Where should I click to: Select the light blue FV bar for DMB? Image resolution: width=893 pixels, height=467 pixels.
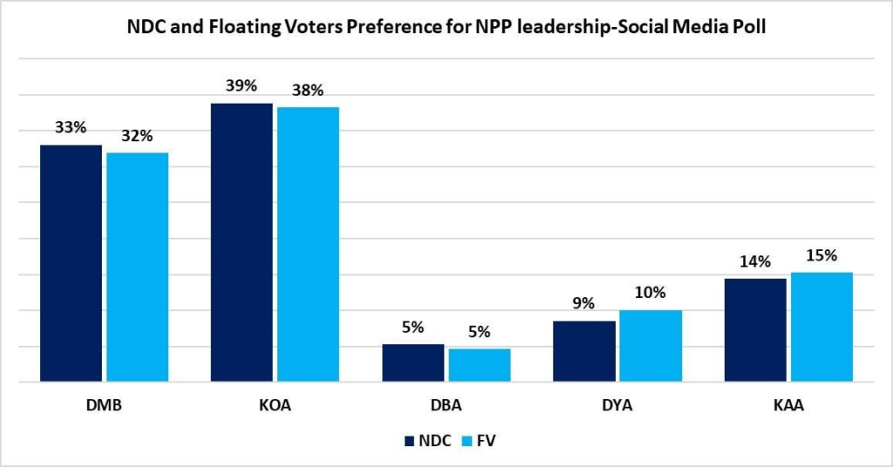(x=137, y=267)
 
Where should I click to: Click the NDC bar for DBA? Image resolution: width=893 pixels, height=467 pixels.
(x=412, y=362)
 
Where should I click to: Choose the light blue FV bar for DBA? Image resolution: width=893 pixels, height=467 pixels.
(x=479, y=365)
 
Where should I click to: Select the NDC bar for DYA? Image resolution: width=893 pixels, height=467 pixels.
(x=583, y=351)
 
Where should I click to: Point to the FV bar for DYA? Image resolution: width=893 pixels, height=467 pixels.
(x=650, y=346)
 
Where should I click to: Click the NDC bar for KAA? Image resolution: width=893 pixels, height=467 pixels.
(x=754, y=329)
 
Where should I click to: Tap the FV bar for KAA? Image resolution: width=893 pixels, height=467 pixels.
(x=821, y=327)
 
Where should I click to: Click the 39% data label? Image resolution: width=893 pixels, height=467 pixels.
(x=242, y=85)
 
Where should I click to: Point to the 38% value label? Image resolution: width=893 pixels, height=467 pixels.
(x=308, y=90)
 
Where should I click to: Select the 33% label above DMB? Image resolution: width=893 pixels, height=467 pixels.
(x=71, y=127)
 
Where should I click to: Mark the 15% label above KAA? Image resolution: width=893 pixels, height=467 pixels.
(x=821, y=255)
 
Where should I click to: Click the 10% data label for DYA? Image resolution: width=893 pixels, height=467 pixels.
(x=650, y=293)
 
